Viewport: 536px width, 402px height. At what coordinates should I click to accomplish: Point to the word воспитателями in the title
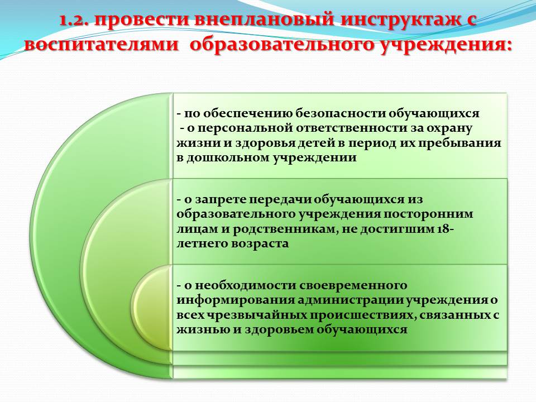click(101, 45)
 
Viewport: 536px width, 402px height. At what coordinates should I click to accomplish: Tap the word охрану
click(451, 129)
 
